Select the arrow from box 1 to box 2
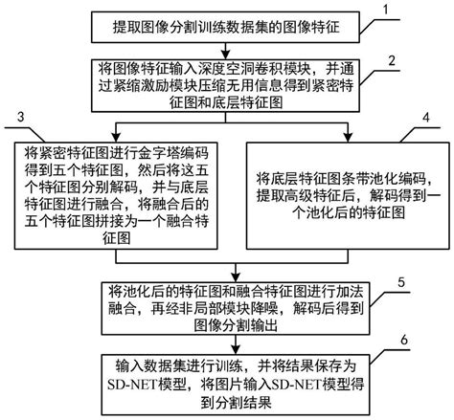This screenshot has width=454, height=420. pos(226,48)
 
